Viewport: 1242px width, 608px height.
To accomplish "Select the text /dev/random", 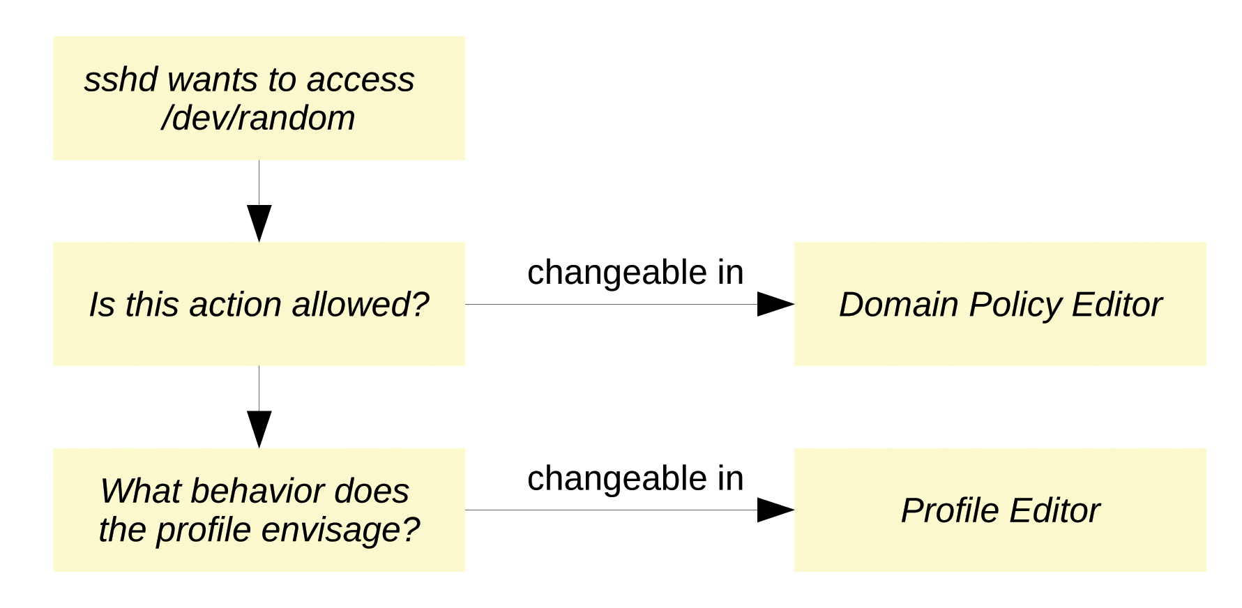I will pyautogui.click(x=258, y=118).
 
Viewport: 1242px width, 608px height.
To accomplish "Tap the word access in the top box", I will pyautogui.click(x=361, y=79).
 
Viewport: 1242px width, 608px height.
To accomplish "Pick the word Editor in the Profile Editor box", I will pyautogui.click(x=1054, y=511).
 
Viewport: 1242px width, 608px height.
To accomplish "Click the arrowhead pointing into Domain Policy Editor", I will pyautogui.click(x=775, y=304).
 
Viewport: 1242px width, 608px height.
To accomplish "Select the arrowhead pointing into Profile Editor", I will pyautogui.click(x=775, y=510).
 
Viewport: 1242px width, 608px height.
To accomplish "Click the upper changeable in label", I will pyautogui.click(x=635, y=273).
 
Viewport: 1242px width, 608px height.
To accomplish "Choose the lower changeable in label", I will pyautogui.click(x=635, y=478).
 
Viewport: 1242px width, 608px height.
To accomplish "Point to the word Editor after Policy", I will pyautogui.click(x=1117, y=305).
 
